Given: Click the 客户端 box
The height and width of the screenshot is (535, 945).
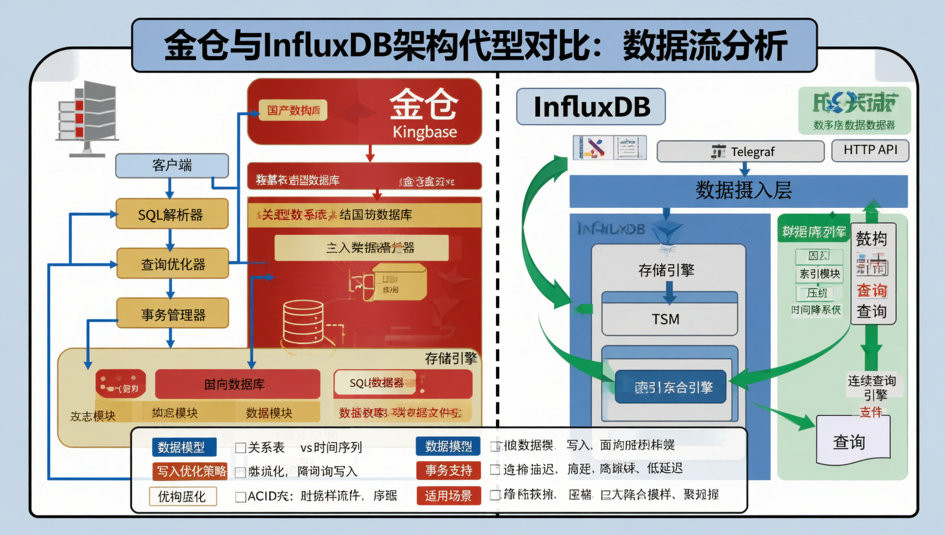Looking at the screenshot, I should pos(172,166).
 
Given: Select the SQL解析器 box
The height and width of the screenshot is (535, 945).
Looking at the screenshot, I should pos(172,215).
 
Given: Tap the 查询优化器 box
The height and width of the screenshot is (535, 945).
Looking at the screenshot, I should pos(172,264).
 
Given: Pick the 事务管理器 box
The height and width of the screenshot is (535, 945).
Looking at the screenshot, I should pos(172,314).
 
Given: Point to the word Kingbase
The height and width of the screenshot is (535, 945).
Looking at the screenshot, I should pos(425,132).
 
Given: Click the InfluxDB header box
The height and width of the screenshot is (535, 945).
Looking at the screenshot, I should pos(591,107).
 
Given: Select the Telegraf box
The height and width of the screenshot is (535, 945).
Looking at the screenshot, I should pos(741,152).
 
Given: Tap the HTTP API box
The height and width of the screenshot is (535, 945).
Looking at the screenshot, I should pos(870,150).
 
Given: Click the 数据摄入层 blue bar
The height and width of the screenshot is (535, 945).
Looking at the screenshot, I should pos(738,191).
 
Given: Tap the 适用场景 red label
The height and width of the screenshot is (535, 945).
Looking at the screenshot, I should pos(448,495).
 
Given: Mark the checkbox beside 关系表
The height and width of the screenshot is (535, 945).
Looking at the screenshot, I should pos(241,448).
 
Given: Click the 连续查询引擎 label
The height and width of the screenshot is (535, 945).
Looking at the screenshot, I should pos(872,387).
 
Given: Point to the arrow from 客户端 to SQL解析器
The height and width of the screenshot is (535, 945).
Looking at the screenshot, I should pos(170,188).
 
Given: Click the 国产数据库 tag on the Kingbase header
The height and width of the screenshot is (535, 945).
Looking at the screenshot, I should pos(293,110).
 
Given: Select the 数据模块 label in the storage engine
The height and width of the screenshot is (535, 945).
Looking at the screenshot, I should pos(269,413).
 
